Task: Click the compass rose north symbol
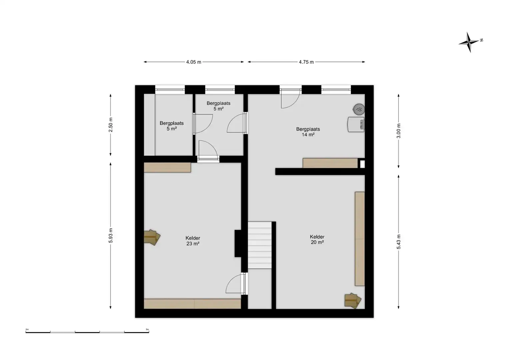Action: pos(469,43)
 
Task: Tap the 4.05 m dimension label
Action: pos(194,62)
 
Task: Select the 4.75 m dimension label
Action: pos(306,62)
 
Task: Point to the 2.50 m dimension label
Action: pos(111,125)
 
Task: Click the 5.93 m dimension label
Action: pos(111,235)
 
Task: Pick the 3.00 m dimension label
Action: pos(399,131)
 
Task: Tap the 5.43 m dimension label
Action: pos(399,242)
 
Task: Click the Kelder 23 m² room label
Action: pos(193,241)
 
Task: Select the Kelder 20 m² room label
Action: pos(317,240)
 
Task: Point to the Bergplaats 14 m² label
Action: pos(308,132)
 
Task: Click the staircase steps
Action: pos(259,245)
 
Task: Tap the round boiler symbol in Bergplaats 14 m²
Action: pos(359,109)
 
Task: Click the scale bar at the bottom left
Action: pos(87,332)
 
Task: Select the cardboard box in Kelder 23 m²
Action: pos(152,237)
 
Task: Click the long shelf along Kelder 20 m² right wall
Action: pos(360,239)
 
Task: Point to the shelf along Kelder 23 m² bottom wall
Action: pos(192,304)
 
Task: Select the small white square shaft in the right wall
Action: pos(362,164)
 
